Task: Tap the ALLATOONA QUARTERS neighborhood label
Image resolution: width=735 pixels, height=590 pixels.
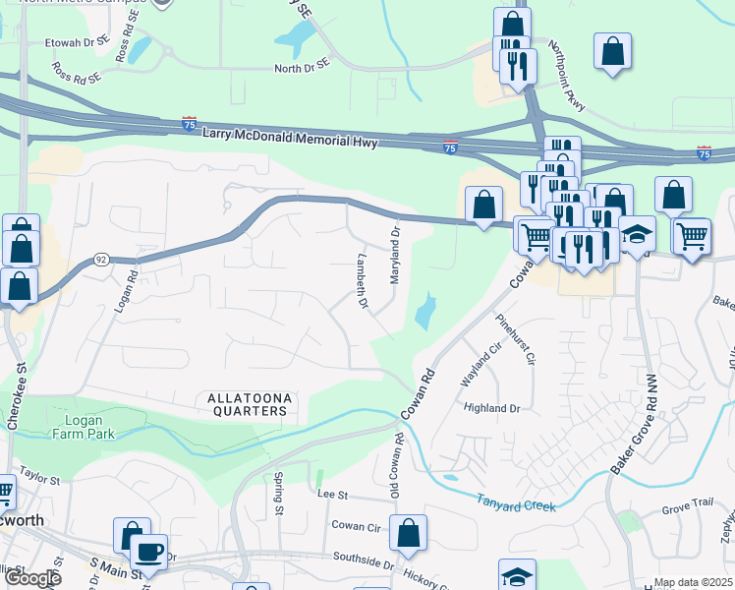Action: pos(250,404)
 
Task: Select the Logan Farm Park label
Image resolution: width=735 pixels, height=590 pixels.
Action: pos(84,427)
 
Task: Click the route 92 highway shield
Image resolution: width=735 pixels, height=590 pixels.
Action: pos(101,259)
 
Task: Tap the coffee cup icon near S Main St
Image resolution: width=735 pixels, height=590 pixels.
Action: pos(148,553)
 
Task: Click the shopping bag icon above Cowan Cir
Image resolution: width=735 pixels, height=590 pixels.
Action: pos(408,534)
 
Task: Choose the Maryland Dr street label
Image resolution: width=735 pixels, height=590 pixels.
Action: pos(395,257)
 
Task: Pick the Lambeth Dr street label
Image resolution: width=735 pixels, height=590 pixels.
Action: pos(360,283)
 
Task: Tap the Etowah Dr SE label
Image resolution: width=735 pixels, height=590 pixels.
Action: pos(77,44)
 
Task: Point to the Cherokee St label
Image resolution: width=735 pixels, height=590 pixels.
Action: pos(17,399)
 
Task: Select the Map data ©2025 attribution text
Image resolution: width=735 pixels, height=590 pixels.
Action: pos(693,582)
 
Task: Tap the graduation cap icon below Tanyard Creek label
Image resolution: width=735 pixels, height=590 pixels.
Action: pos(518,576)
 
